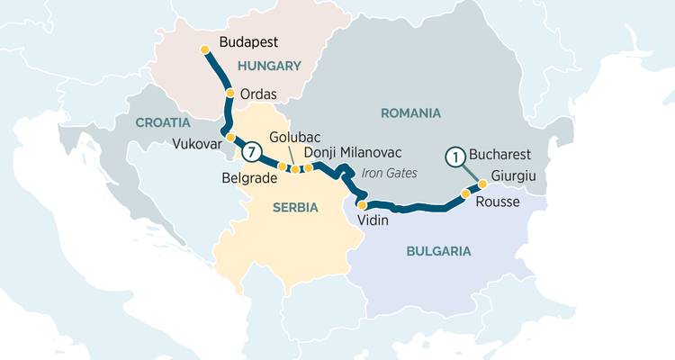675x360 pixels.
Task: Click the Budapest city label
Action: [248, 41]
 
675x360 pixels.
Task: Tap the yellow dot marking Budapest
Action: [205, 49]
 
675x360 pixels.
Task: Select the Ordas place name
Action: [258, 94]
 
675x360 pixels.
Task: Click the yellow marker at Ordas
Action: [230, 93]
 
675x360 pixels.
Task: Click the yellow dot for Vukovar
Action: [230, 138]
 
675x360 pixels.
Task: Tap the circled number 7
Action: [254, 152]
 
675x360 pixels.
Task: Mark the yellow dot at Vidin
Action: [362, 205]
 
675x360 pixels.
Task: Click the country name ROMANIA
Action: [410, 113]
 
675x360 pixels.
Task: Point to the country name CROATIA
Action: [163, 121]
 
